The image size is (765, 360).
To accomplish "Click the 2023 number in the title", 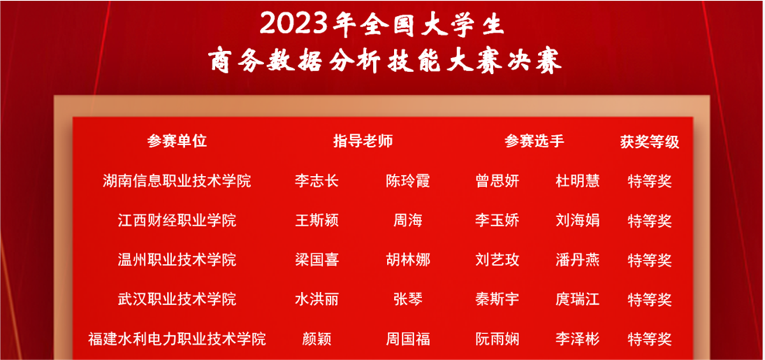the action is (294, 24).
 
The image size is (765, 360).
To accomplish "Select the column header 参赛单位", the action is (177, 141).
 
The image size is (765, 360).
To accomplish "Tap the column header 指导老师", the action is (363, 141).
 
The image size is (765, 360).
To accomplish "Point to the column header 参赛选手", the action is (534, 141).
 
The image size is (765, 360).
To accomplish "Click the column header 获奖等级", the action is (650, 142).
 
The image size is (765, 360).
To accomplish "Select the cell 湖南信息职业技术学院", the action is (177, 181).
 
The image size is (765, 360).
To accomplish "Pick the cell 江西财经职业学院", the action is (177, 220).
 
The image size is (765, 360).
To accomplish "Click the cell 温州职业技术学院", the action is (177, 260).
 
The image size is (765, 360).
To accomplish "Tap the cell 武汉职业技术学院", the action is (177, 299).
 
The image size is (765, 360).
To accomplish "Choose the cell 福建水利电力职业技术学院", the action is (177, 339).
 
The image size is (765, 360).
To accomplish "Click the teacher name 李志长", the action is (317, 181).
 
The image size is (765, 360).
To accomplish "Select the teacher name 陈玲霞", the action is (408, 181).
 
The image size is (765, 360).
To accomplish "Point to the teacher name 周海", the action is (408, 220).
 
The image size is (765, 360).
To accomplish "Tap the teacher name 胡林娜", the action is (408, 260).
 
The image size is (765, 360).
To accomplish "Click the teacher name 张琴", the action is (408, 299).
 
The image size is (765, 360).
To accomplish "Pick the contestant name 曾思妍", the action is (497, 181).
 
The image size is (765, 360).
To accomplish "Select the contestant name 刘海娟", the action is (578, 220).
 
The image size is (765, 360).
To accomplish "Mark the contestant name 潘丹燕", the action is (578, 260).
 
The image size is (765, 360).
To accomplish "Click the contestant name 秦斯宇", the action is (497, 299).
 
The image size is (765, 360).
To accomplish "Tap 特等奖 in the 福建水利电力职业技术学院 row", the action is (650, 340).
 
